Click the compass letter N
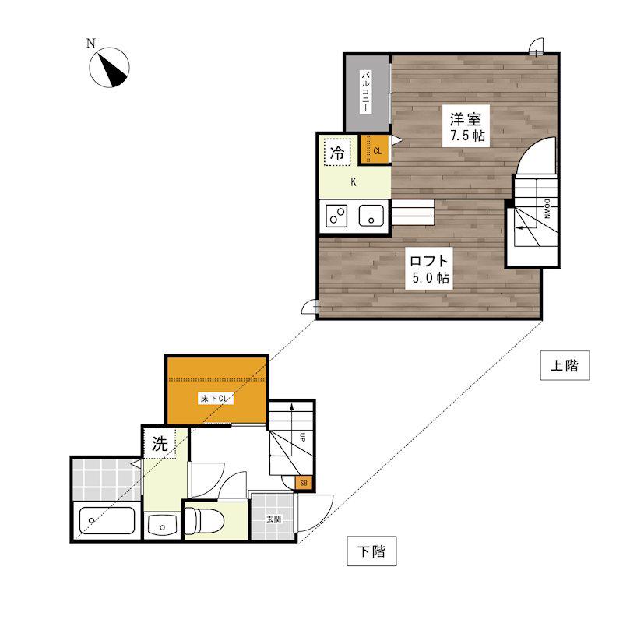pyautogui.click(x=91, y=43)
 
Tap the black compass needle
pyautogui.click(x=113, y=71)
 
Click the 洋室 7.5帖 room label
pyautogui.click(x=466, y=127)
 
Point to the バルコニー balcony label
pyautogui.click(x=366, y=91)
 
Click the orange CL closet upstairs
pyautogui.click(x=375, y=150)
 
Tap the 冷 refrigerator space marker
pyautogui.click(x=337, y=152)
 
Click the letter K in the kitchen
pyautogui.click(x=354, y=182)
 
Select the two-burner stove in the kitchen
pyautogui.click(x=336, y=216)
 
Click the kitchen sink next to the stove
pyautogui.click(x=371, y=216)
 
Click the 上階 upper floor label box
pyautogui.click(x=565, y=365)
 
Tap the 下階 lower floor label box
pyautogui.click(x=371, y=551)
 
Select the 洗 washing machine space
pyautogui.click(x=160, y=443)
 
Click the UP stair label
pyautogui.click(x=302, y=438)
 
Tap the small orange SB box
pyautogui.click(x=304, y=484)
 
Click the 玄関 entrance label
pyautogui.click(x=273, y=519)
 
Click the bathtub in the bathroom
pyautogui.click(x=107, y=520)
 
